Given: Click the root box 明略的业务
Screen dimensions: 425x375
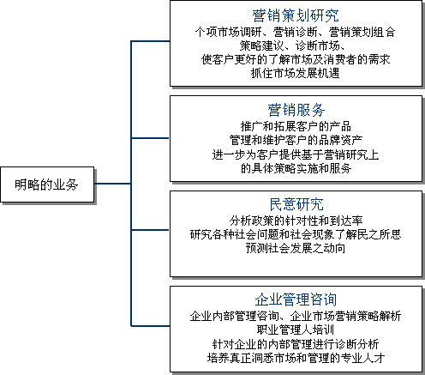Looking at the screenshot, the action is (x=47, y=184).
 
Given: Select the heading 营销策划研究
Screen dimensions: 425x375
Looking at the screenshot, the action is (x=296, y=15).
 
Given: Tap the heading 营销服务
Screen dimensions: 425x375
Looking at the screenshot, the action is (x=296, y=110).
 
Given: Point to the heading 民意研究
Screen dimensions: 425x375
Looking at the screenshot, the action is (x=296, y=204).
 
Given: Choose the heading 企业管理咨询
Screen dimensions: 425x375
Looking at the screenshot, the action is (x=296, y=299).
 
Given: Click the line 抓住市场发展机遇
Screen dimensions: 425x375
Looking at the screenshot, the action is (x=296, y=73).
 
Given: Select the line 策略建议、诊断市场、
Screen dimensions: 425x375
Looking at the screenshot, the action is (x=292, y=45).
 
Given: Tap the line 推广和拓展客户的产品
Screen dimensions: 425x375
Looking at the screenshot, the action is (x=296, y=126).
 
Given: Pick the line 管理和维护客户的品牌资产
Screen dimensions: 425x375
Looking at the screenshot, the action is (x=296, y=140).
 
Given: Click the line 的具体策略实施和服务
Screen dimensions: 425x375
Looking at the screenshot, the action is (x=296, y=168).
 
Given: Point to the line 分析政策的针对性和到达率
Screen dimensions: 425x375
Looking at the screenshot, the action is (x=296, y=221).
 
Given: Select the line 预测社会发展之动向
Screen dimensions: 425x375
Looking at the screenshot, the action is (x=296, y=248).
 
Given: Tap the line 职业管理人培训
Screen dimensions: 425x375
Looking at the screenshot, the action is (x=296, y=330).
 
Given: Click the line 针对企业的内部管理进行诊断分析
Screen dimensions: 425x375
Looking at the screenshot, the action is (x=296, y=344).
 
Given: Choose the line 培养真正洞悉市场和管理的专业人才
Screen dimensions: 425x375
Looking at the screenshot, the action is (x=296, y=358).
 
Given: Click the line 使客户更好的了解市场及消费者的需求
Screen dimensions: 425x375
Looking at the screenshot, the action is (x=296, y=59).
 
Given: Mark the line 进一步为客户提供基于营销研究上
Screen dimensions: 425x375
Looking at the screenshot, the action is (x=296, y=154).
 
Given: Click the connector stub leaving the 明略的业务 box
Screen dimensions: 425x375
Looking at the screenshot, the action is (x=112, y=184).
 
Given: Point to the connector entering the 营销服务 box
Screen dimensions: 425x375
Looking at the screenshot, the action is (x=151, y=138).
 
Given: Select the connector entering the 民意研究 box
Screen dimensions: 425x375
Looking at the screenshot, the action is (x=151, y=230).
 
